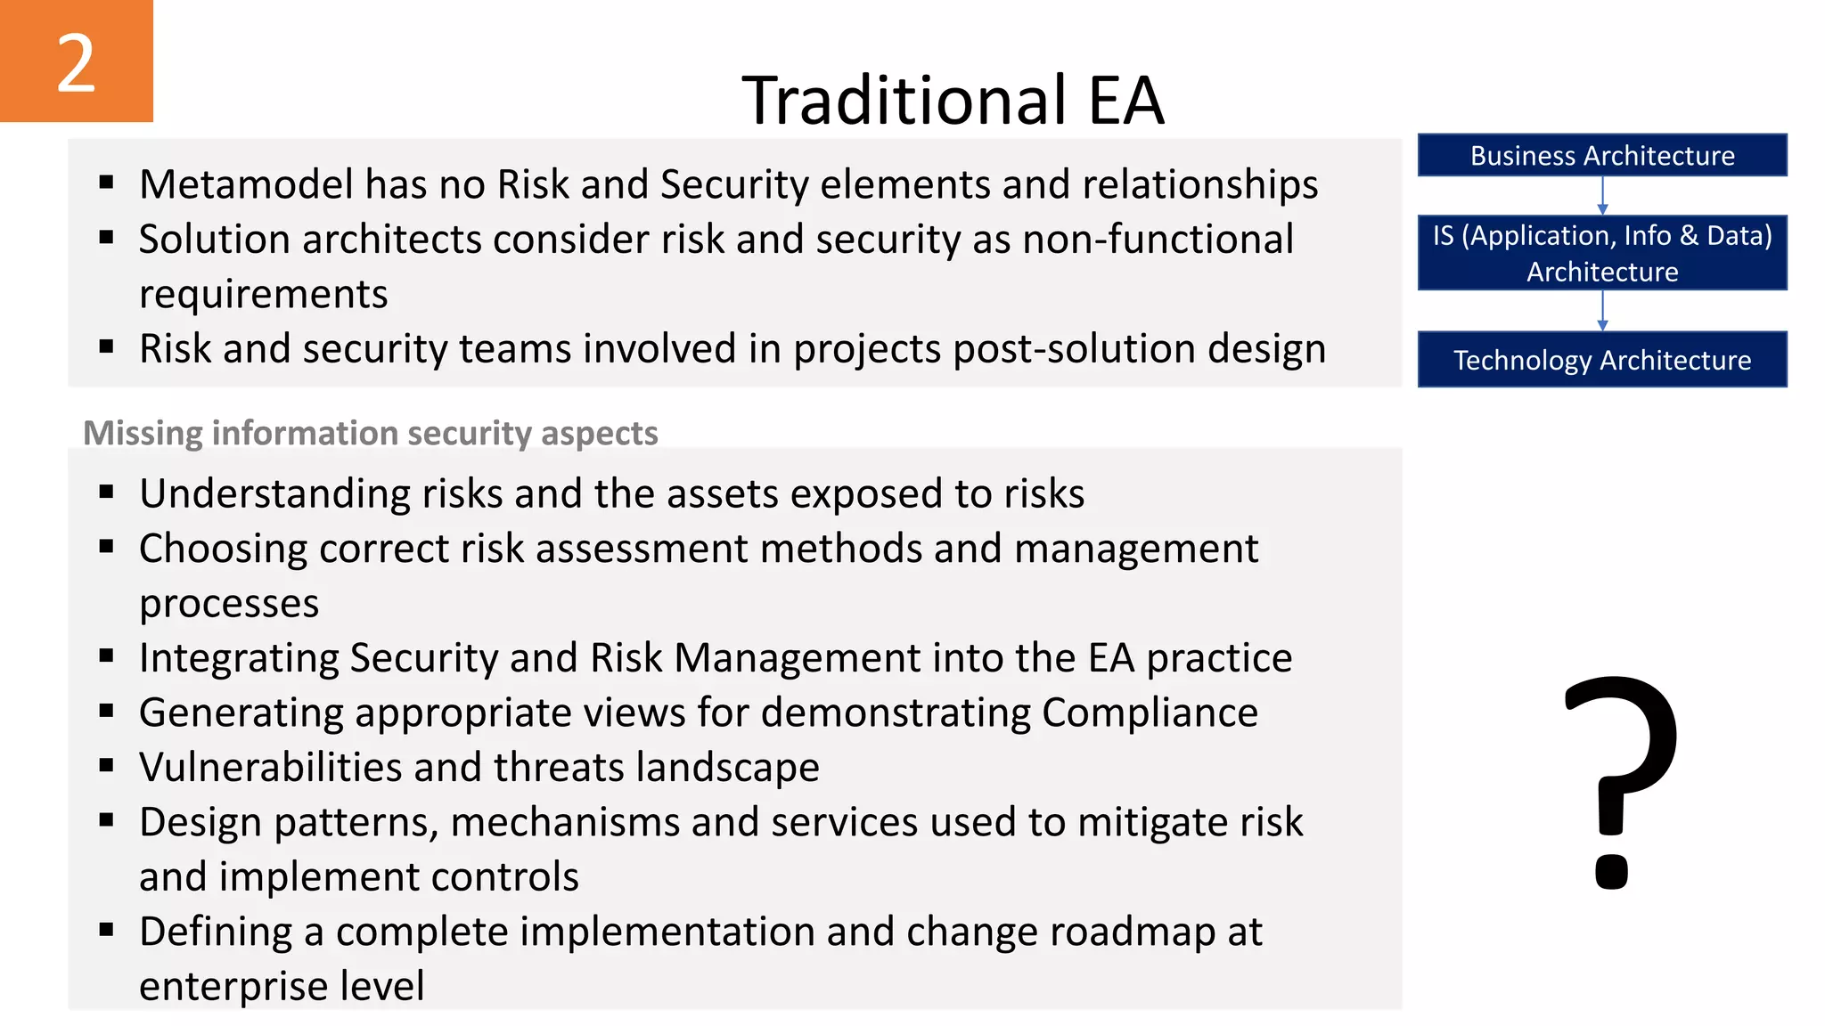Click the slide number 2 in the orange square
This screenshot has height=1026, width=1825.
tap(76, 62)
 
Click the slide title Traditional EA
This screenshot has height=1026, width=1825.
tap(953, 100)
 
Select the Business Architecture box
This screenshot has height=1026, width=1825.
tap(1601, 156)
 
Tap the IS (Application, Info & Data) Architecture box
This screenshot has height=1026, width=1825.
tap(1601, 253)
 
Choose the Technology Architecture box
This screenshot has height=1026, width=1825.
tap(1601, 360)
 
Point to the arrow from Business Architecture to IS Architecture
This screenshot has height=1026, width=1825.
tap(1602, 195)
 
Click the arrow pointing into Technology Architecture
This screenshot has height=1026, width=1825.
tap(1602, 311)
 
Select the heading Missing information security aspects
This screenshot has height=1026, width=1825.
tap(370, 433)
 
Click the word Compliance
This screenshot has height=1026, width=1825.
tap(1150, 712)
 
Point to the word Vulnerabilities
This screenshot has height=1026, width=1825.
tap(271, 768)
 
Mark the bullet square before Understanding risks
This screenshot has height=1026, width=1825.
tap(107, 492)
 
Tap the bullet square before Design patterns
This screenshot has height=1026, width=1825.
tap(107, 820)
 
